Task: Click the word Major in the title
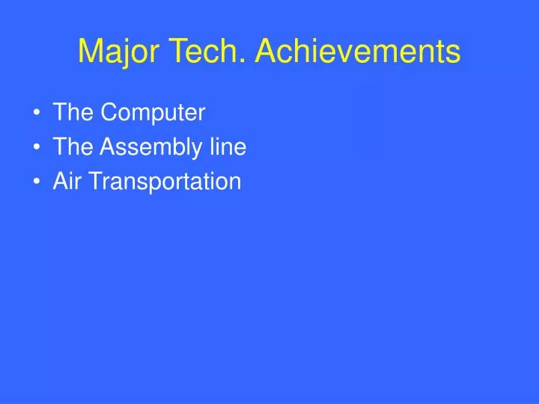tap(118, 52)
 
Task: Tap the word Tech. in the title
tap(207, 51)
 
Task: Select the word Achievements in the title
tap(358, 51)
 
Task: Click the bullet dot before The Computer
tap(37, 112)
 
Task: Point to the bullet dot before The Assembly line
tap(37, 147)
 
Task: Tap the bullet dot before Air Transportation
tap(37, 181)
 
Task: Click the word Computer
tap(153, 114)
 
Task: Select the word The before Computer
tap(73, 111)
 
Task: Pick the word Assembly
tap(151, 147)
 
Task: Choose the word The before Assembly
tap(73, 146)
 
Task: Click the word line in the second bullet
tap(228, 146)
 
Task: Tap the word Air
tap(67, 180)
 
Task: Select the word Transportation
tap(165, 182)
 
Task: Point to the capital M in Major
tap(90, 51)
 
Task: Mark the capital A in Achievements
tap(267, 51)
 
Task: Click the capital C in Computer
tap(109, 111)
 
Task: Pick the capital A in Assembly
tap(109, 146)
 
